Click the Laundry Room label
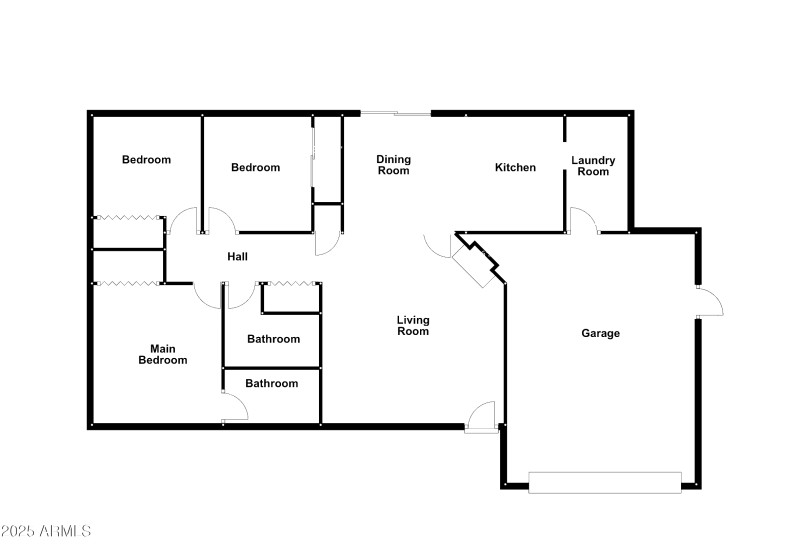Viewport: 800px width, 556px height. point(593,166)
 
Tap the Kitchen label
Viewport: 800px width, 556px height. point(515,167)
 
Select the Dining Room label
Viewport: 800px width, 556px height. point(393,165)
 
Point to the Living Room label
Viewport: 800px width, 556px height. point(412,326)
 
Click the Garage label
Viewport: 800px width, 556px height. point(600,333)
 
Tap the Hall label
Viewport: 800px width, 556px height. point(237,257)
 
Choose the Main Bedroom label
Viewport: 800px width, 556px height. point(162,354)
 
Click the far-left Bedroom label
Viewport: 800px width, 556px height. point(146,160)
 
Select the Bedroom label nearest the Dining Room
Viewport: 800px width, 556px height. point(255,167)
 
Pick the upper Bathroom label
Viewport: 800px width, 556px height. point(273,339)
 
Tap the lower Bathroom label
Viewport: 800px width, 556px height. point(271,383)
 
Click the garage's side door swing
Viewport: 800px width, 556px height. point(709,303)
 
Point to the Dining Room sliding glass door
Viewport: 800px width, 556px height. point(395,114)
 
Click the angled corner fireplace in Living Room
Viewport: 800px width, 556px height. point(476,260)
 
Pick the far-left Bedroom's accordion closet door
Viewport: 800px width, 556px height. point(128,216)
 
